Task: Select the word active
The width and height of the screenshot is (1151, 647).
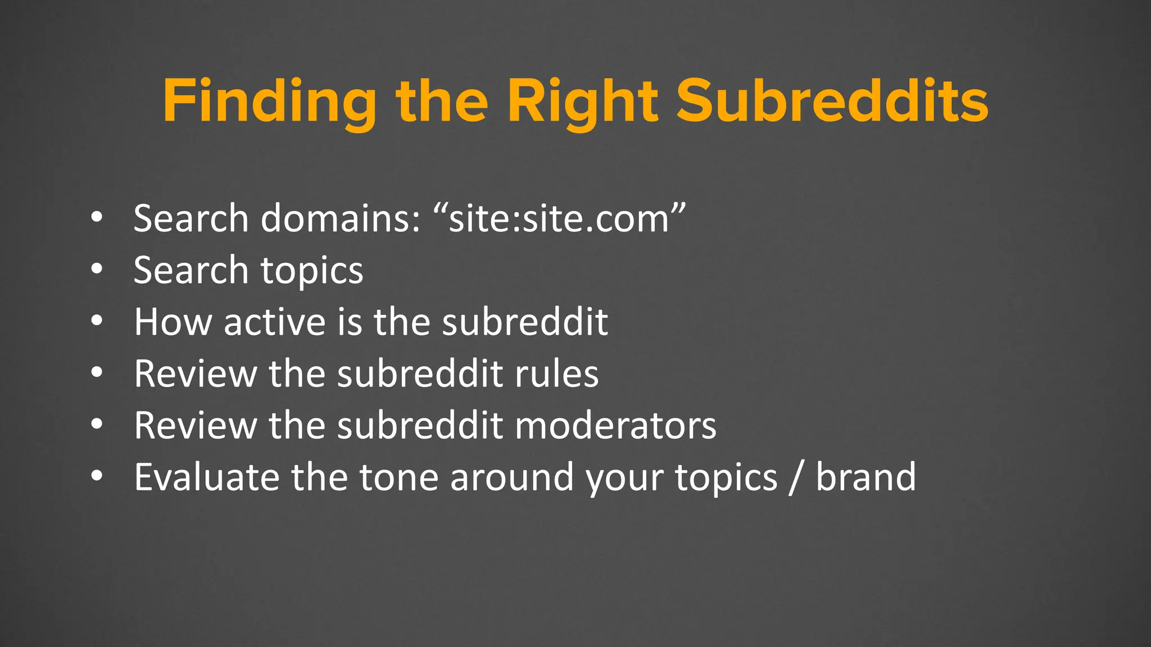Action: coord(275,322)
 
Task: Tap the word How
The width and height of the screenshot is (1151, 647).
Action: coord(173,322)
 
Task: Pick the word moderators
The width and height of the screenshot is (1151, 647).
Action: coord(615,425)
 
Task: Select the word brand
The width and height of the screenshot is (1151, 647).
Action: coord(865,477)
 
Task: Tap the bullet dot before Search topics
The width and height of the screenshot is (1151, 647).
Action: coord(97,269)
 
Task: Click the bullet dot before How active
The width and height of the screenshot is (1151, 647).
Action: coord(97,321)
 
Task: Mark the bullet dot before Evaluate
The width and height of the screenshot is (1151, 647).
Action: coord(97,476)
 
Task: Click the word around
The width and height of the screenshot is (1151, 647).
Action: coord(511,477)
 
